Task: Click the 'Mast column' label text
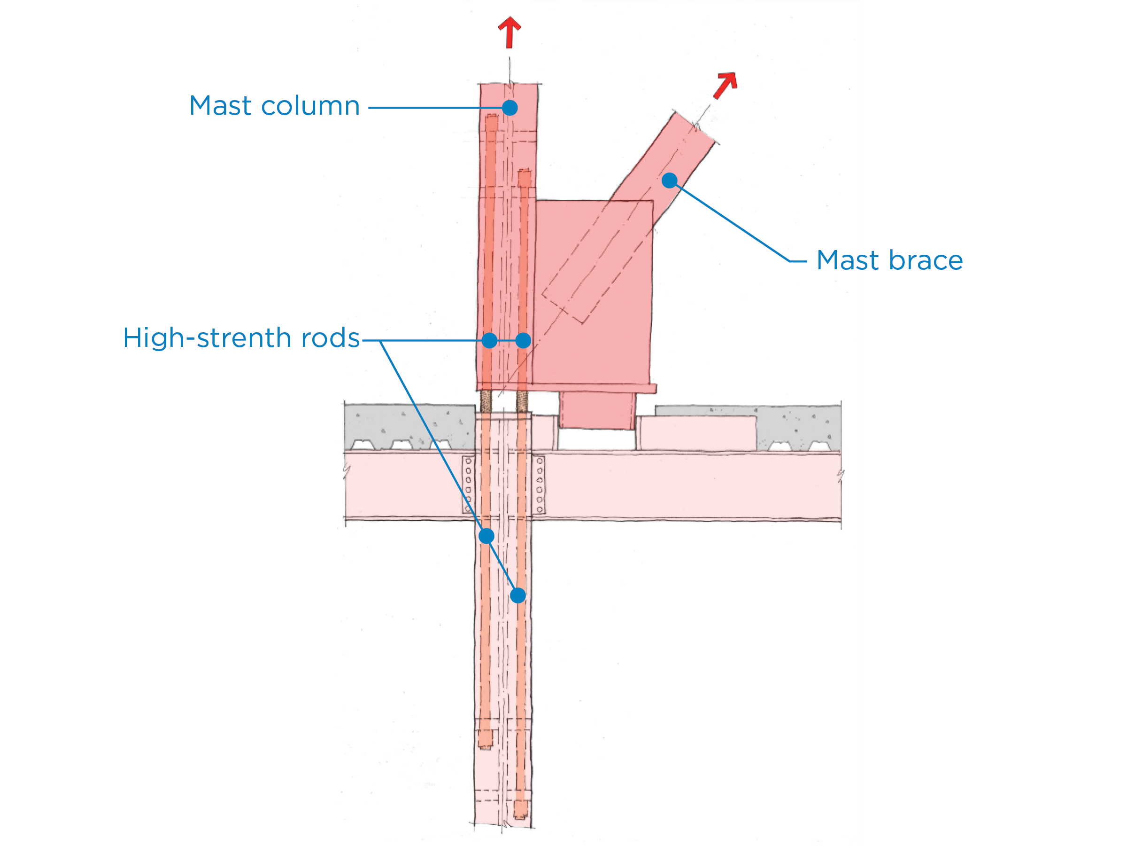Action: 274,106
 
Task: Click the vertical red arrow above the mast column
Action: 509,31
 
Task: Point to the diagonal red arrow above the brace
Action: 726,85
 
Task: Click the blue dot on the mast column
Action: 509,108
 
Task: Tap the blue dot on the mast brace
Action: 669,180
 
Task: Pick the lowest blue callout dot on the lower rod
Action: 517,595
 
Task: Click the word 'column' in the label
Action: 310,106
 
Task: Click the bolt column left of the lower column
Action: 468,485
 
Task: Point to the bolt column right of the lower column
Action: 540,485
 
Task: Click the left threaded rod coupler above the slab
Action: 486,401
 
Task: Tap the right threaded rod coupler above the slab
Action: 522,401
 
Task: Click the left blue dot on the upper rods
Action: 489,340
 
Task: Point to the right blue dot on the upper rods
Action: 523,340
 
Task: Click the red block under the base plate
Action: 597,410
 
